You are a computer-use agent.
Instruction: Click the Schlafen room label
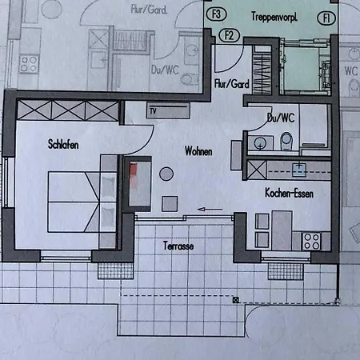click(x=63, y=144)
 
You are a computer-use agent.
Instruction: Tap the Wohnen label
click(x=198, y=151)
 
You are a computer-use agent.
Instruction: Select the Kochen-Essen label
click(x=289, y=193)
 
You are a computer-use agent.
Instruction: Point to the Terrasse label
click(x=178, y=246)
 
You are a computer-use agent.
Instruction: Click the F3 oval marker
click(x=217, y=14)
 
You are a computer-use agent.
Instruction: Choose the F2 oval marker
click(x=230, y=35)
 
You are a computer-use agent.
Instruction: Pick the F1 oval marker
click(x=326, y=18)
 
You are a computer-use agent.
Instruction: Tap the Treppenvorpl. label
click(x=274, y=17)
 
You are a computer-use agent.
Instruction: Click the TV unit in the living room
click(x=168, y=110)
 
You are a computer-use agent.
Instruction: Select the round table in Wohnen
click(x=166, y=174)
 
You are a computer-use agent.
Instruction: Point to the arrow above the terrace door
click(x=210, y=210)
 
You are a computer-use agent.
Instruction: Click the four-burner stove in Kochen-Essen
click(x=312, y=242)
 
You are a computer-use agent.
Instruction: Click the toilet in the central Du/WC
click(x=286, y=141)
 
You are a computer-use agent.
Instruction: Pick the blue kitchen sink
click(x=299, y=170)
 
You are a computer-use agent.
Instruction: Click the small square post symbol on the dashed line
click(x=235, y=300)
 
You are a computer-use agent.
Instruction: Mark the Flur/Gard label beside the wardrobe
click(x=232, y=84)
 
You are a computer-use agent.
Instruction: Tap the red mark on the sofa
click(x=134, y=173)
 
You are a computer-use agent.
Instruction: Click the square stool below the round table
click(x=170, y=204)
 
